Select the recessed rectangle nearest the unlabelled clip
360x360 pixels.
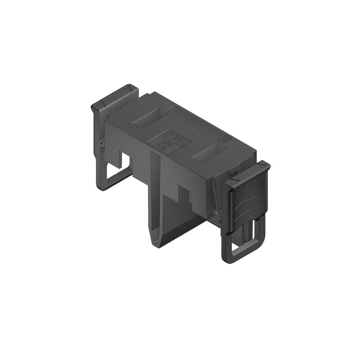point(148,119)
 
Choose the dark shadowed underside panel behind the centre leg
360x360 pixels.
point(180,220)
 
